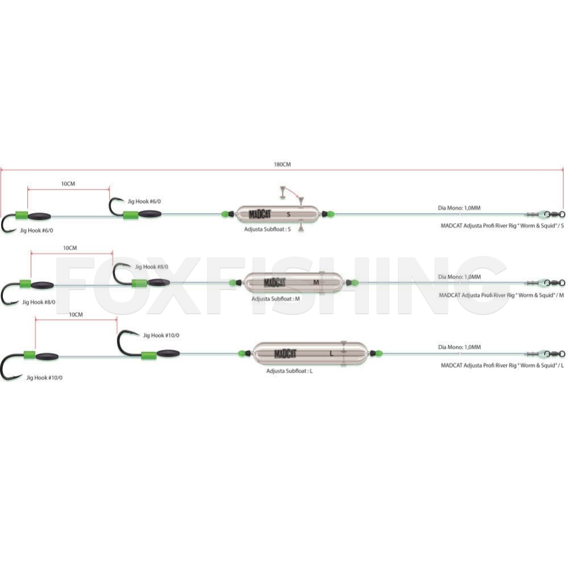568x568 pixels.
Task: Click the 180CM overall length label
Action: pos(282,165)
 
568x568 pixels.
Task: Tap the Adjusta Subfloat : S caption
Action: pos(268,229)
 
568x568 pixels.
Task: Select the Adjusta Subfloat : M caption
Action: pos(275,299)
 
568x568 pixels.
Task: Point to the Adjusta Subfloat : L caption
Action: pos(290,371)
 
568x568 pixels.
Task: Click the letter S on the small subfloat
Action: pos(289,215)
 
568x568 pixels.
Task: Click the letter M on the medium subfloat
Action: pos(316,282)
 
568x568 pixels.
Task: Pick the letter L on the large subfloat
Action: pos(332,353)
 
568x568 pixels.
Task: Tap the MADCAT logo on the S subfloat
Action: pos(260,215)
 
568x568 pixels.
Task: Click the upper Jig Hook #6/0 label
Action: pos(144,202)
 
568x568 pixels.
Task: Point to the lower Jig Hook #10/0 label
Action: pos(44,378)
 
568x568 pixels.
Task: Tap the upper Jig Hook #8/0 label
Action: pos(152,267)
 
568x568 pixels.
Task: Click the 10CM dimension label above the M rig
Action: pos(70,248)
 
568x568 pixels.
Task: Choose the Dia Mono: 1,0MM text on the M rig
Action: pos(460,277)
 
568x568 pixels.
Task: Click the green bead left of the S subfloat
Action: pos(225,214)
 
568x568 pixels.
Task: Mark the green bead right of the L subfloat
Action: pos(378,353)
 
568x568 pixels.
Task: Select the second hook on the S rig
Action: pos(116,207)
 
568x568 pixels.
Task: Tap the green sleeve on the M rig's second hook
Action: pos(139,283)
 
